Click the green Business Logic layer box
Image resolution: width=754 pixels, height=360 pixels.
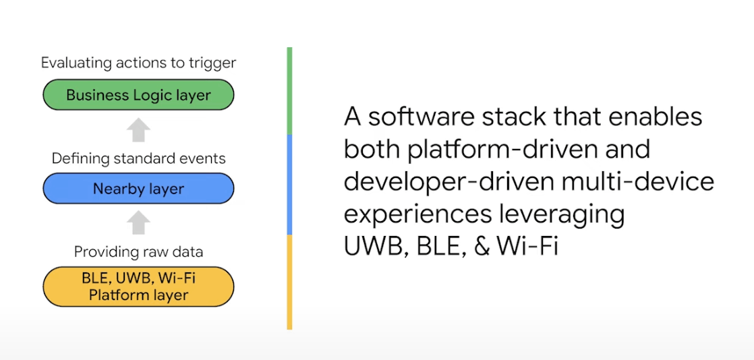tap(138, 94)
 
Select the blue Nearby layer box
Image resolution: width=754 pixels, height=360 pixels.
tap(138, 188)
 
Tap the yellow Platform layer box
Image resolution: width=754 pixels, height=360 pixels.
tap(138, 287)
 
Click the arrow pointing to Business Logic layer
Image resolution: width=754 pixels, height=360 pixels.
tap(138, 129)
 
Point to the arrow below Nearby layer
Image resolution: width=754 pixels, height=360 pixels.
tap(138, 222)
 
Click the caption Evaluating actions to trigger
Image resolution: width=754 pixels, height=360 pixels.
tap(138, 63)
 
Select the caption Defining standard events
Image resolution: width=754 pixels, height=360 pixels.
tap(138, 158)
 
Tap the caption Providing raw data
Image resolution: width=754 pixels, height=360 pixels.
tap(138, 252)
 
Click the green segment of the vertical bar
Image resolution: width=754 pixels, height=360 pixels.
tap(289, 91)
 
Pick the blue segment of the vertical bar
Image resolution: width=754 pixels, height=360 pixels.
tap(289, 185)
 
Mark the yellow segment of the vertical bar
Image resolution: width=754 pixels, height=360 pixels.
tap(289, 282)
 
